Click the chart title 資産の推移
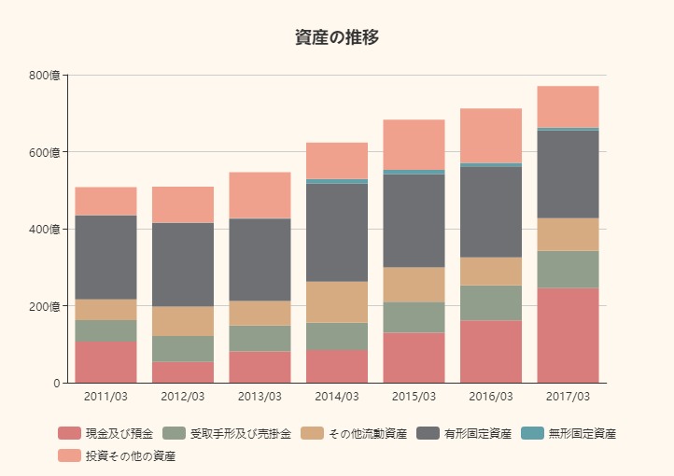click(x=336, y=37)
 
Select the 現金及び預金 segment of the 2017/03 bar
click(x=568, y=335)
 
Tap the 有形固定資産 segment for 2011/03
click(x=105, y=258)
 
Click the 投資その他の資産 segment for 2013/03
click(x=260, y=195)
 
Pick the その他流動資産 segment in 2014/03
click(x=337, y=302)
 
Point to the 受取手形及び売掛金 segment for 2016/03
click(x=491, y=303)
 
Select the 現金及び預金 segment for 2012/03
click(x=183, y=372)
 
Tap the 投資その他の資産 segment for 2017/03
click(x=568, y=106)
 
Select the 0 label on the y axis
click(x=56, y=384)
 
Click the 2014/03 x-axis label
click(x=337, y=397)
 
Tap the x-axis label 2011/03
click(x=105, y=397)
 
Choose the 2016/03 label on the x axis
click(x=491, y=397)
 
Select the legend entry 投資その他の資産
click(x=131, y=455)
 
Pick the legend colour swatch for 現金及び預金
click(x=70, y=433)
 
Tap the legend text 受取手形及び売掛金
click(x=241, y=433)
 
